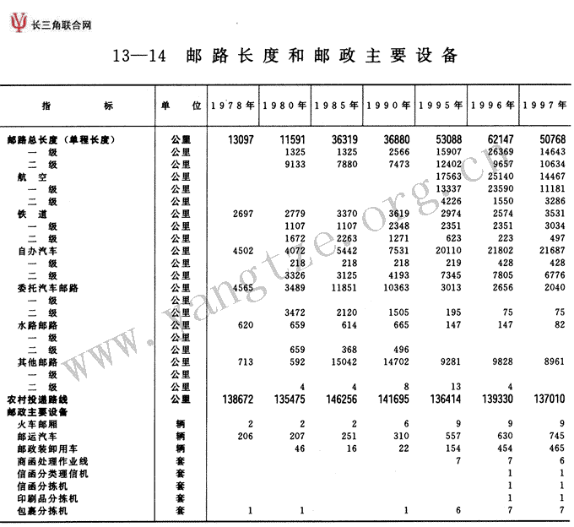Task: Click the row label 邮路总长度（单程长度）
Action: pos(60,139)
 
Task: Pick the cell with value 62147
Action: pos(497,139)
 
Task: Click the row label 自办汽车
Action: pos(36,251)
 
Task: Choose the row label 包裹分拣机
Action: pos(42,511)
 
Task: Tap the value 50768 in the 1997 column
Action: pos(549,139)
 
